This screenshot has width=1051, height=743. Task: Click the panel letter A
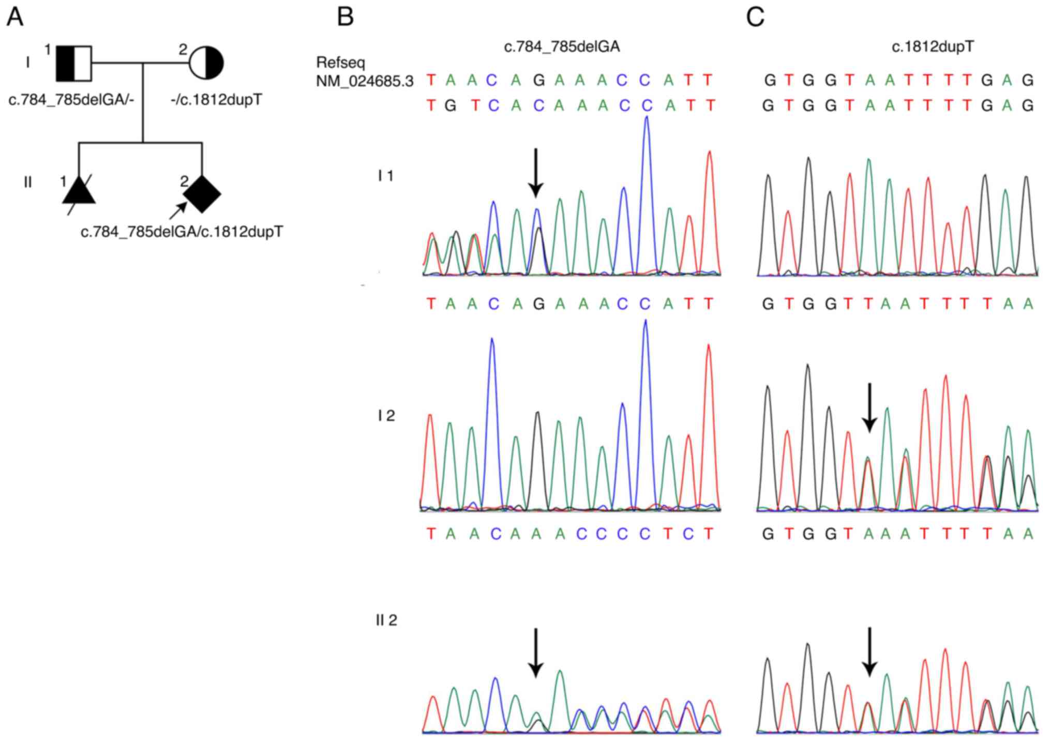click(15, 17)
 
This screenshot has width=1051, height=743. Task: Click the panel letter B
click(345, 17)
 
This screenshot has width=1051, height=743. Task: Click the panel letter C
click(755, 17)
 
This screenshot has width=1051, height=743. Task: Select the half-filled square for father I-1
click(74, 64)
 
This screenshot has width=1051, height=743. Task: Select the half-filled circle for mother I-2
click(206, 64)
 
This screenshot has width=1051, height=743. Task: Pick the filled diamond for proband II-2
click(202, 193)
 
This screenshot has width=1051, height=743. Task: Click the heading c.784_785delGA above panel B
click(562, 47)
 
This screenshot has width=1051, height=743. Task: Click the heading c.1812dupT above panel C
click(933, 47)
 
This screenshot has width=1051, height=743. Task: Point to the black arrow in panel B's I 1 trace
click(536, 173)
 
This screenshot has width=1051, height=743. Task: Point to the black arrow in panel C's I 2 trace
click(869, 407)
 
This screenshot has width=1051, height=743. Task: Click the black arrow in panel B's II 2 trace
click(536, 652)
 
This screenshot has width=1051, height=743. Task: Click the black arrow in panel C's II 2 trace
click(869, 651)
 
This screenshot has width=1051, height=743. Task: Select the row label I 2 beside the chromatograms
click(386, 415)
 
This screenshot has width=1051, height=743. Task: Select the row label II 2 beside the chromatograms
click(386, 620)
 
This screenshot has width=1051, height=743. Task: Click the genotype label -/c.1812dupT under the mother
click(216, 99)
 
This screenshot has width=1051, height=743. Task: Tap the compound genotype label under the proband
click(182, 232)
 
